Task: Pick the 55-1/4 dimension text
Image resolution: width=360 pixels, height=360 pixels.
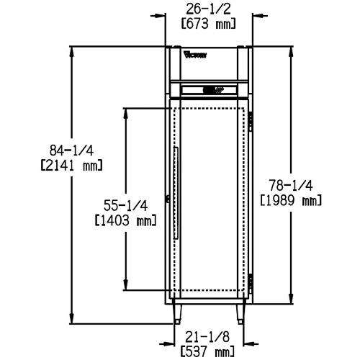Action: click(x=126, y=205)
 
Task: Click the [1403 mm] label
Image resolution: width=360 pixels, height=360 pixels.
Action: click(x=126, y=220)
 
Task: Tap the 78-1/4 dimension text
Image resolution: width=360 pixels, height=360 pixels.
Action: click(x=289, y=185)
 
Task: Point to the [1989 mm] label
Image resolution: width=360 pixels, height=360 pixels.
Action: click(x=289, y=200)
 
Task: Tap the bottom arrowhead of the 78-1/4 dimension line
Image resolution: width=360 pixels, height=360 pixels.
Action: click(x=291, y=301)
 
